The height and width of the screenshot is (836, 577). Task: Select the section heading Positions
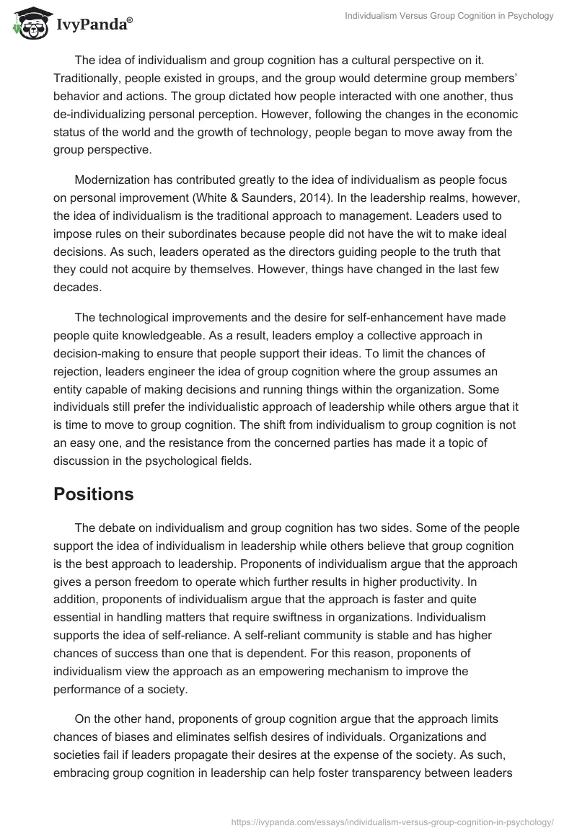click(94, 494)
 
